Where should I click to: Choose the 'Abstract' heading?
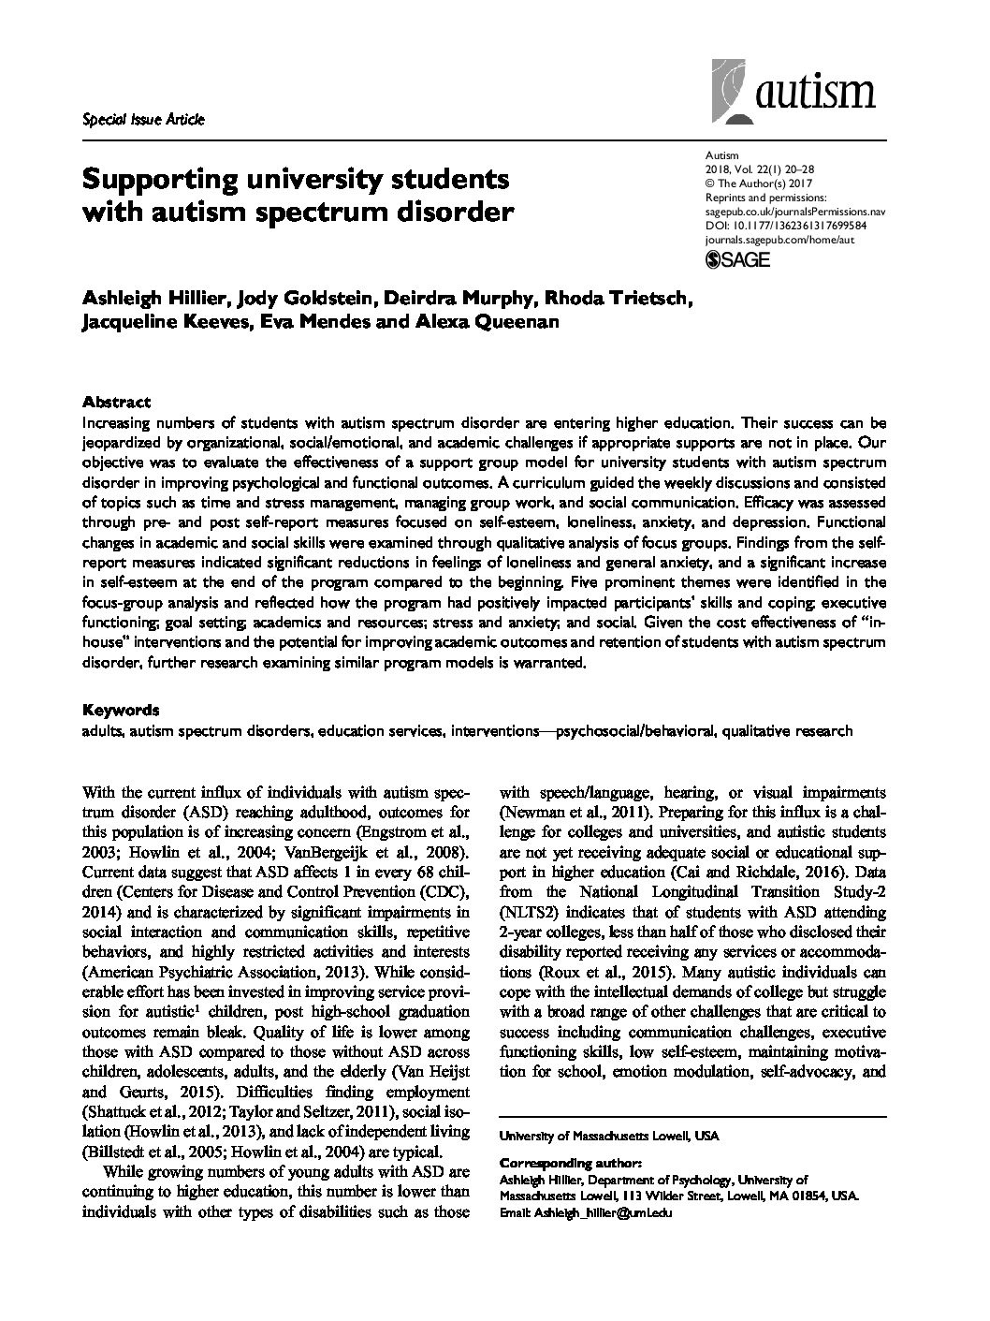[116, 402]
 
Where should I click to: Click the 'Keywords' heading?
[120, 710]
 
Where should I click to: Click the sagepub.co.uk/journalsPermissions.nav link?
[793, 213]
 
